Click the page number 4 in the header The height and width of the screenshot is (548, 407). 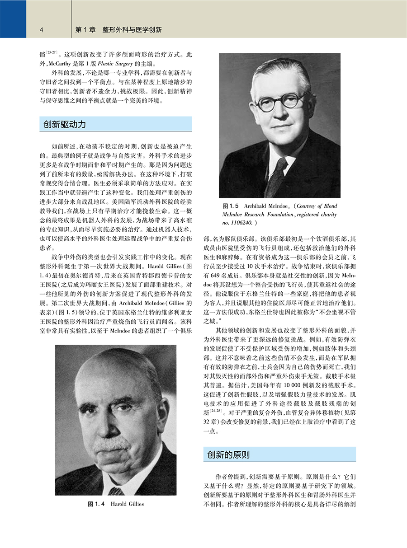41,30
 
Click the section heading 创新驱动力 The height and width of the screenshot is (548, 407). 63,124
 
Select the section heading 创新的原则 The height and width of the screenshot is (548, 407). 228,454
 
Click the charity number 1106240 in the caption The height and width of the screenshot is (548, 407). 240,223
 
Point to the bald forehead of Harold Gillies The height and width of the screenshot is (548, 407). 111,377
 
